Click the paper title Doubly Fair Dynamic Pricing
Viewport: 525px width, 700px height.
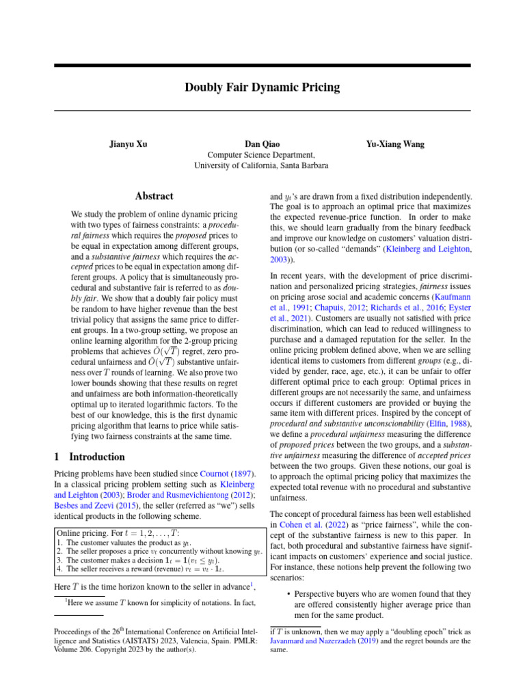(x=262, y=87)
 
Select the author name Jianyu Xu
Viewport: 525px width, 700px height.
(x=128, y=144)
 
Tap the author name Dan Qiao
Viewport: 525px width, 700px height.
(x=261, y=144)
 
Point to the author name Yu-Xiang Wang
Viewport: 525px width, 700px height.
(x=395, y=144)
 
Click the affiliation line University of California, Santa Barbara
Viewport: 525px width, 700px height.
(x=261, y=165)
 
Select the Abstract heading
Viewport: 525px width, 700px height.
(x=154, y=196)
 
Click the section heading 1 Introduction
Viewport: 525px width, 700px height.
(x=89, y=457)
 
